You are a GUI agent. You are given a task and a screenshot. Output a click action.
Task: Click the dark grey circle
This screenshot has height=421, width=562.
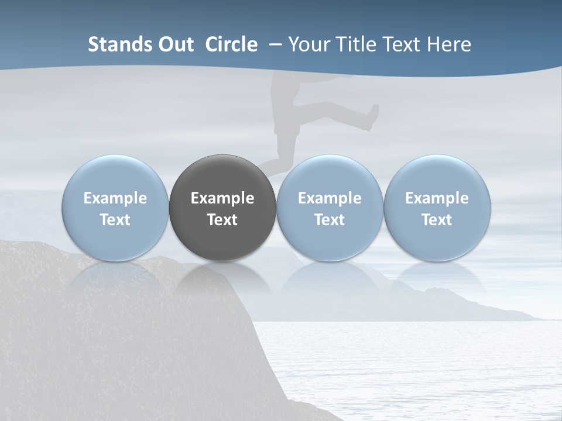[222, 175]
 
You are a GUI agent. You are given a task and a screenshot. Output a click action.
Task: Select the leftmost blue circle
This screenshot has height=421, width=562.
[115, 175]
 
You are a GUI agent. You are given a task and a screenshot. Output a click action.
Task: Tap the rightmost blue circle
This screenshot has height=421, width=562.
[437, 175]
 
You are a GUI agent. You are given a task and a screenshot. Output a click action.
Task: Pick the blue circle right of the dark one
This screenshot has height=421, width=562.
[330, 175]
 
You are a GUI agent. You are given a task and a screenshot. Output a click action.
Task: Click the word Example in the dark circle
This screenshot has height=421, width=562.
[222, 198]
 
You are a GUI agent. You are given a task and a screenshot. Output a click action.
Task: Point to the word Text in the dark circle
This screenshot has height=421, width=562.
[222, 220]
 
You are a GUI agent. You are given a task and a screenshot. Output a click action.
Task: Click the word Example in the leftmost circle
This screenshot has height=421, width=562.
[115, 198]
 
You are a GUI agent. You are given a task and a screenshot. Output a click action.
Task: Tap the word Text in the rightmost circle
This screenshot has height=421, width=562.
[437, 220]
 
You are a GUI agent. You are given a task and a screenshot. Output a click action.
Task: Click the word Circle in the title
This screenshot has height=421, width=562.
[231, 44]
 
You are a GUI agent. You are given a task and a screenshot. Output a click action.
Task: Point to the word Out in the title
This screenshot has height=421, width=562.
[174, 44]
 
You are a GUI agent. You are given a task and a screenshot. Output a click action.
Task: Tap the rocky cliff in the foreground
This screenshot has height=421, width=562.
[117, 339]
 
